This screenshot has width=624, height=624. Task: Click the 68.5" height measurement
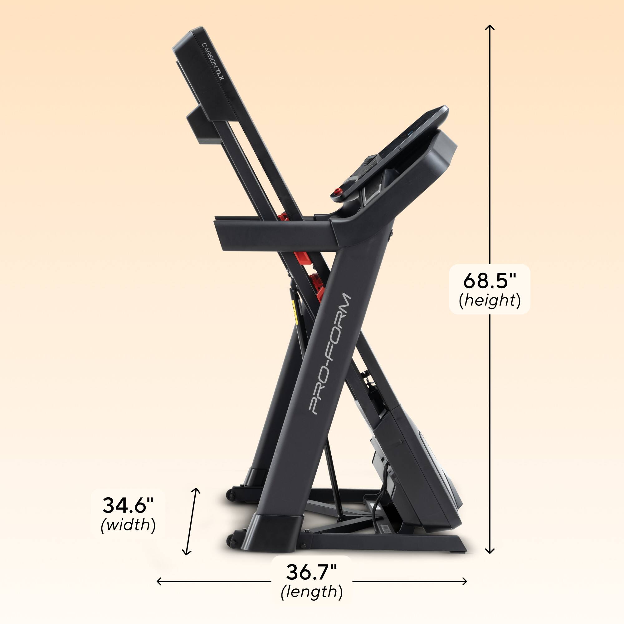pos(490,280)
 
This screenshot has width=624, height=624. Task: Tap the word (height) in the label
pos(490,300)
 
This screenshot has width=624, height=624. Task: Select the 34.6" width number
pos(128,505)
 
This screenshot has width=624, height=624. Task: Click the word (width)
pos(128,525)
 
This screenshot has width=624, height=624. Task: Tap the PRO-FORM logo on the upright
pos(329,354)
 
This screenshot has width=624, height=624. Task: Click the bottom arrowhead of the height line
pos(490,552)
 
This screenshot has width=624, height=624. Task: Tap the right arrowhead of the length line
pos(465,581)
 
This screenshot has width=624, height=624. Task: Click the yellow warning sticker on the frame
pos(294,312)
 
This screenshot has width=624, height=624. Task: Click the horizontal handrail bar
pos(275,233)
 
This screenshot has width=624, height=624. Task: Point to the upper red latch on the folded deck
pos(284,217)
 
